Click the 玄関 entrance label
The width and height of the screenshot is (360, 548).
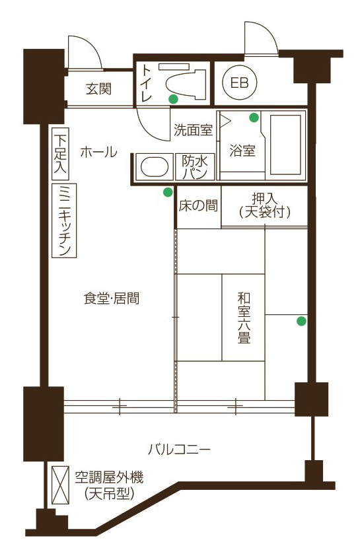(x=99, y=90)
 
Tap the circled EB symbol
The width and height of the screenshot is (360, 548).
(x=240, y=83)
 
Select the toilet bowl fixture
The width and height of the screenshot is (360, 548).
(x=186, y=83)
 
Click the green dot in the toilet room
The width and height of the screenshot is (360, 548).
(x=173, y=99)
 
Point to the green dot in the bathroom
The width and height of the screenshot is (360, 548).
(x=254, y=118)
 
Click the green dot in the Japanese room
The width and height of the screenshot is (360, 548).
(x=302, y=321)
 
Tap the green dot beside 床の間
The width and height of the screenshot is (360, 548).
(x=168, y=192)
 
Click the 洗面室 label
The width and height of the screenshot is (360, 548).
(x=194, y=130)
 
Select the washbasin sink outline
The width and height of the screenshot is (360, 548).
(x=155, y=166)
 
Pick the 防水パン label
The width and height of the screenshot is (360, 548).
(x=195, y=167)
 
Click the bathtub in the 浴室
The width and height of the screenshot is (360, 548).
(x=285, y=145)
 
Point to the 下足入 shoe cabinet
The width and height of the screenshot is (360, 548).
(x=60, y=154)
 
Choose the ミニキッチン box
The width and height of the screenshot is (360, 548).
(x=64, y=221)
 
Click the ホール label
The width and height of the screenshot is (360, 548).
(x=98, y=153)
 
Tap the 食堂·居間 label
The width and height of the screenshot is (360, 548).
(x=112, y=299)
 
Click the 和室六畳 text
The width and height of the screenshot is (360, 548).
(x=244, y=318)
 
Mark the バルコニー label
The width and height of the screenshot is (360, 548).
(x=179, y=449)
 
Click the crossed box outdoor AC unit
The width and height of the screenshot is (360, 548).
(x=60, y=485)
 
